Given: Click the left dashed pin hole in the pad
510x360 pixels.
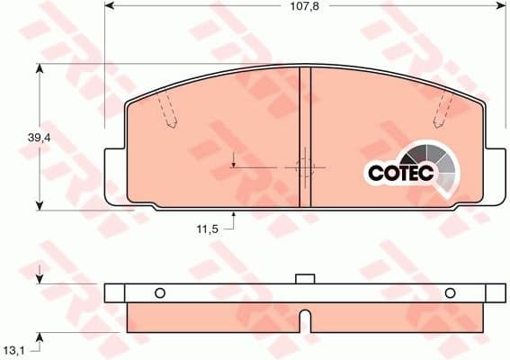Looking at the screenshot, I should (167, 110).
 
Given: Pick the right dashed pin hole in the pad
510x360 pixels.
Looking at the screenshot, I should (442, 110).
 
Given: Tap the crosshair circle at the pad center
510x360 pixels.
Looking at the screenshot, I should (304, 166).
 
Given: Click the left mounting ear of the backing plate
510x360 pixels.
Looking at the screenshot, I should (115, 175).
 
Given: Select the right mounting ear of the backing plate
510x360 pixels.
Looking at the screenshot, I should (495, 175).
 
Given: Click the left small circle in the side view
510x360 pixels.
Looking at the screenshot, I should (160, 292).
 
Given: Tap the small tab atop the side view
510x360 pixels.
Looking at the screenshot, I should (305, 279).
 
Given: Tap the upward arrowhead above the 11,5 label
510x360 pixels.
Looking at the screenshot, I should (234, 215).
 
